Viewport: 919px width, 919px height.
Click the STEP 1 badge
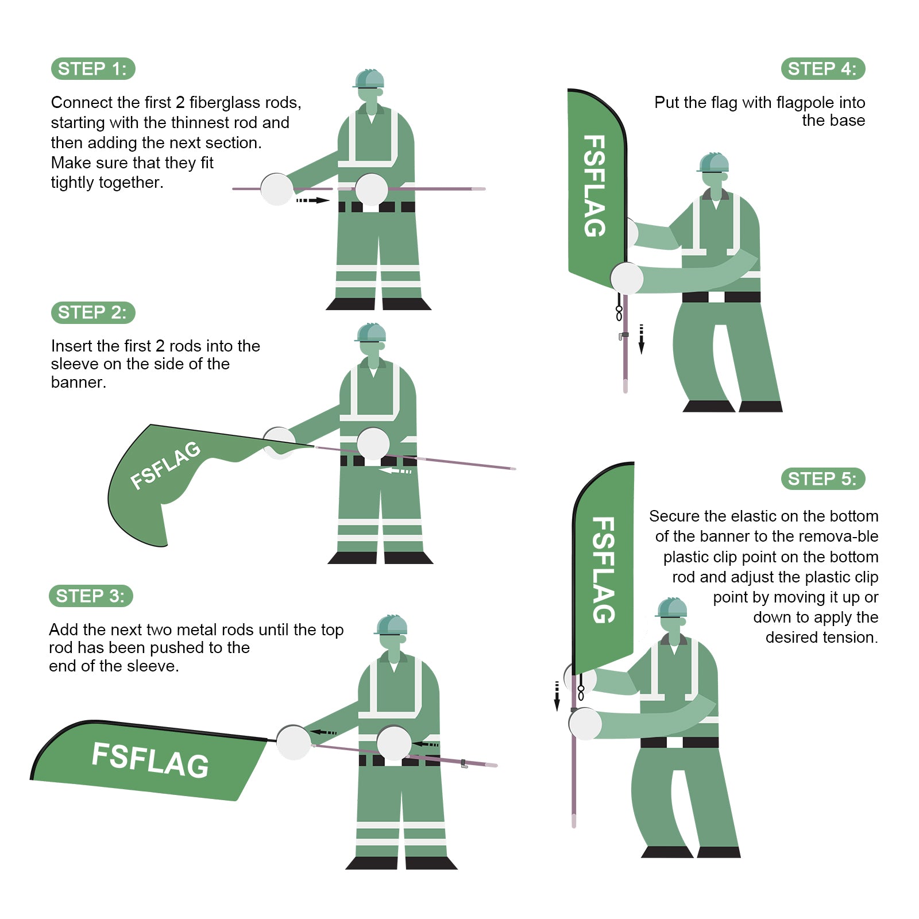click(x=93, y=69)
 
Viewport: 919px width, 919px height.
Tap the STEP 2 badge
click(x=93, y=312)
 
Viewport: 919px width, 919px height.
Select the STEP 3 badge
click(x=91, y=596)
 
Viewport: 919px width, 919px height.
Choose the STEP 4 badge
click(x=823, y=69)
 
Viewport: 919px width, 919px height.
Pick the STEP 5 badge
click(x=823, y=478)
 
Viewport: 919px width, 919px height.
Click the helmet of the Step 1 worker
click(x=369, y=79)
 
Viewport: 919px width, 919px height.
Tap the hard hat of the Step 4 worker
click(x=713, y=163)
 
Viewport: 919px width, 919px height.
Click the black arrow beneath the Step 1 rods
click(x=313, y=200)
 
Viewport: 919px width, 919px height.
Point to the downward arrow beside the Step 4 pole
click(x=642, y=339)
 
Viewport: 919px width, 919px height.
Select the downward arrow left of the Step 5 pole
click(x=557, y=696)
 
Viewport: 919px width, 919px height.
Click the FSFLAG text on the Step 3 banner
click(x=150, y=760)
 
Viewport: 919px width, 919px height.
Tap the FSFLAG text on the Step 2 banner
click(x=165, y=465)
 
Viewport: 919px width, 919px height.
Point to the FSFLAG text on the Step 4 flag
click(x=595, y=186)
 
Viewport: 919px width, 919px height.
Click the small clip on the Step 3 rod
click(x=464, y=764)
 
